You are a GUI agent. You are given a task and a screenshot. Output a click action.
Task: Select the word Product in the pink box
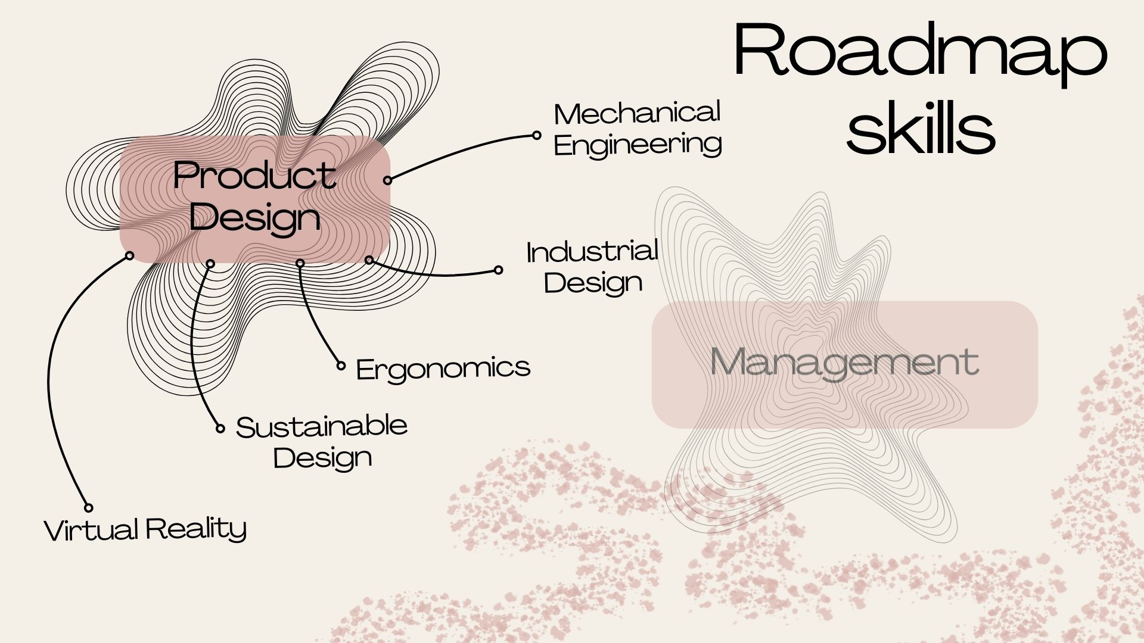(254, 177)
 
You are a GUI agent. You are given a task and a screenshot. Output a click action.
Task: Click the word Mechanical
(637, 113)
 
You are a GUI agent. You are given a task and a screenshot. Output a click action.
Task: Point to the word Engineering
(638, 145)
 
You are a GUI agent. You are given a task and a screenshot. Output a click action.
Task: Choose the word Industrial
(592, 252)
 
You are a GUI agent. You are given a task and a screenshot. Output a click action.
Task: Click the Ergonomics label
(443, 369)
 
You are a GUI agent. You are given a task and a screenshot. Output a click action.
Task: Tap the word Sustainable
(322, 426)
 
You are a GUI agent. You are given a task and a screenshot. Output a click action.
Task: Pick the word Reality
(196, 529)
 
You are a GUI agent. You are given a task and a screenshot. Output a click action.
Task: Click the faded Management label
(844, 362)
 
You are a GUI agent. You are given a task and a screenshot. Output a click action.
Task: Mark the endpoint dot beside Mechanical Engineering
(537, 136)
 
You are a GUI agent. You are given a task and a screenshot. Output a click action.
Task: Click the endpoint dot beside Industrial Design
(499, 270)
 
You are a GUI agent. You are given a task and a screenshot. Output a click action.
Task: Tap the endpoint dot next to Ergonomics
(341, 366)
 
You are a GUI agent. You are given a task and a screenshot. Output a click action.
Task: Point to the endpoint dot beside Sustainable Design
(220, 429)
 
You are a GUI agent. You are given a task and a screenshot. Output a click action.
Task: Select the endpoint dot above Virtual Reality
(88, 508)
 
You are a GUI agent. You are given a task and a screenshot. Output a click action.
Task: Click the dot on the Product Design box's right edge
(387, 180)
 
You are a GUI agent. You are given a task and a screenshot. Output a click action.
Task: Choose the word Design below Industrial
(593, 283)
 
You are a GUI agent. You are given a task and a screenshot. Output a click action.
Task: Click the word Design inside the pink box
(255, 218)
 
